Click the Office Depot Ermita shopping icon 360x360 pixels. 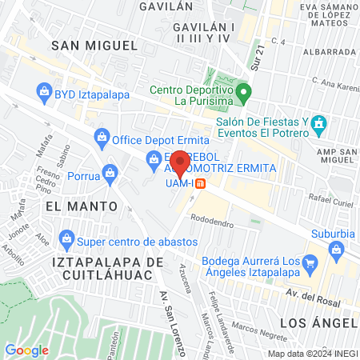point(102,138)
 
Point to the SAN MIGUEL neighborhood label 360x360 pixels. point(89,46)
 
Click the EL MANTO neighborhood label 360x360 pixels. point(82,206)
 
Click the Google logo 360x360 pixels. point(27,350)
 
